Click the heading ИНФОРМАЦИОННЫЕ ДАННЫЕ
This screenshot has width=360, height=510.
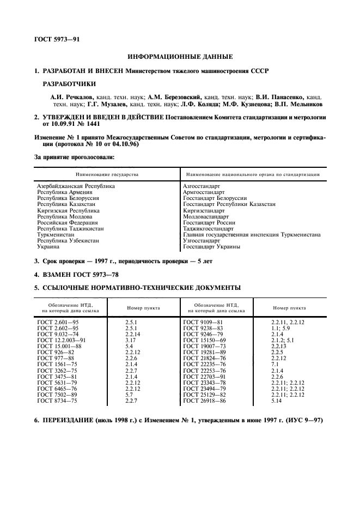(180, 56)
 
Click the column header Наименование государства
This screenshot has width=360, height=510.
(107, 174)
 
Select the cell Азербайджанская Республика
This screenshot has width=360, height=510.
(76, 186)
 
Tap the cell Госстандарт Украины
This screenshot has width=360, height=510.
(211, 247)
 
